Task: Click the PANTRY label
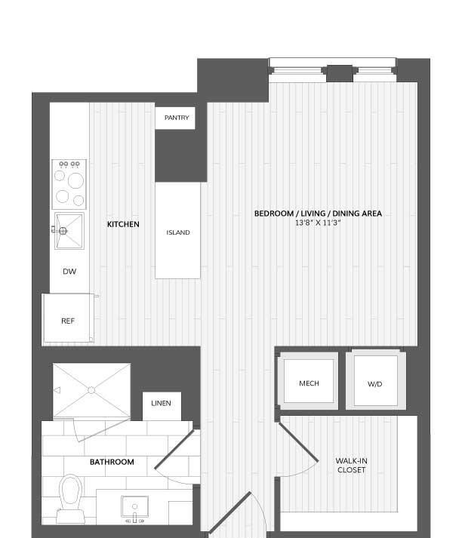[x=177, y=118]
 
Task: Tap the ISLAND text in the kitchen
[x=178, y=232]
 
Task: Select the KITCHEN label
[x=123, y=224]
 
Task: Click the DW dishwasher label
[x=69, y=272]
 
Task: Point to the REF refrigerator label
[x=68, y=321]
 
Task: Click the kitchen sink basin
[x=69, y=231]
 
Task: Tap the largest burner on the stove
[x=75, y=180]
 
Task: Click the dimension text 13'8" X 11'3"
[x=318, y=223]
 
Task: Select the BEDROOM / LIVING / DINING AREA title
[x=318, y=214]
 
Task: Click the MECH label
[x=309, y=383]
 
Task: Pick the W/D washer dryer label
[x=375, y=384]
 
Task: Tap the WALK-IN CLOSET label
[x=351, y=466]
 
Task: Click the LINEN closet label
[x=161, y=403]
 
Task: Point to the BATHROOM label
[x=112, y=462]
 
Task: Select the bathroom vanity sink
[x=134, y=506]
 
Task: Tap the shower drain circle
[x=91, y=390]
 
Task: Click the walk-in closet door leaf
[x=298, y=442]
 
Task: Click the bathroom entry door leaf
[x=176, y=450]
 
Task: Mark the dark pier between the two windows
[x=340, y=73]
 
